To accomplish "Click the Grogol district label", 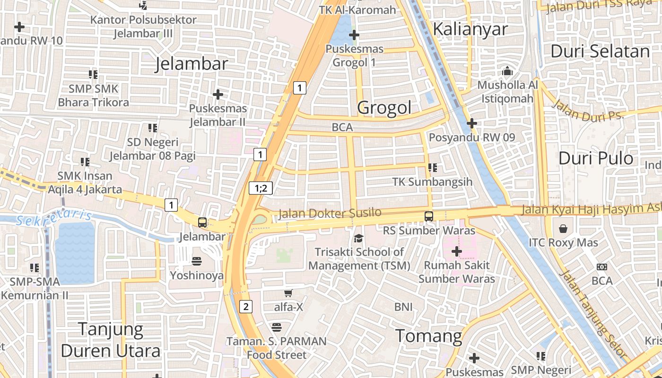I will (x=384, y=108).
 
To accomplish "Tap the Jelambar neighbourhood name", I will (x=192, y=64).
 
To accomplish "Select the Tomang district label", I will (x=428, y=336).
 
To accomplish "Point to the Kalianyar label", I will (x=470, y=29).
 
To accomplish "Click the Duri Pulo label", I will (x=596, y=158).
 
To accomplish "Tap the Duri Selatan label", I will (x=600, y=51).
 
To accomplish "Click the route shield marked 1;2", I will (x=261, y=189).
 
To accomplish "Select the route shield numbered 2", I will (x=245, y=307).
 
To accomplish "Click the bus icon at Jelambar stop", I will (x=202, y=222).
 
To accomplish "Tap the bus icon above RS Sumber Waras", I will (x=429, y=216).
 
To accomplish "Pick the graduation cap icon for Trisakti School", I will (x=359, y=238).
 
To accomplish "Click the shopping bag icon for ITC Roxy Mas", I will (x=563, y=229).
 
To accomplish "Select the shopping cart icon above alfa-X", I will (x=288, y=293).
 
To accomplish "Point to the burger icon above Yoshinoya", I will (x=197, y=261).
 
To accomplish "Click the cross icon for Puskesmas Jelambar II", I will (x=218, y=94).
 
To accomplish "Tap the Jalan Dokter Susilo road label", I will (x=330, y=213).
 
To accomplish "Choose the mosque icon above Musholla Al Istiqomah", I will (x=507, y=71).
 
